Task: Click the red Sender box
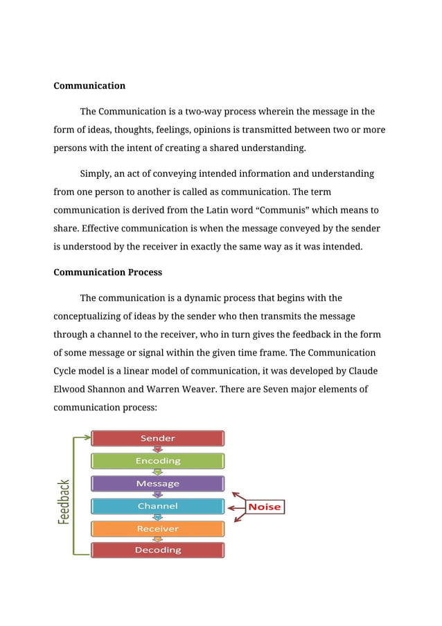(x=158, y=438)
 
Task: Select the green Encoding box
(x=158, y=461)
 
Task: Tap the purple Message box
(x=158, y=484)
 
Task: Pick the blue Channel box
(x=158, y=506)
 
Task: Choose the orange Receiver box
(x=158, y=529)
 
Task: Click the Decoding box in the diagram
(x=158, y=550)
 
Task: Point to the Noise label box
(x=265, y=507)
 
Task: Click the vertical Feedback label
(x=64, y=502)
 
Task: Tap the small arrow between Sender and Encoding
(x=158, y=449)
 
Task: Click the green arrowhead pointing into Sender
(x=87, y=437)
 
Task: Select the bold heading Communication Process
(x=107, y=272)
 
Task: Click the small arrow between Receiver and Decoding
(x=158, y=539)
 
